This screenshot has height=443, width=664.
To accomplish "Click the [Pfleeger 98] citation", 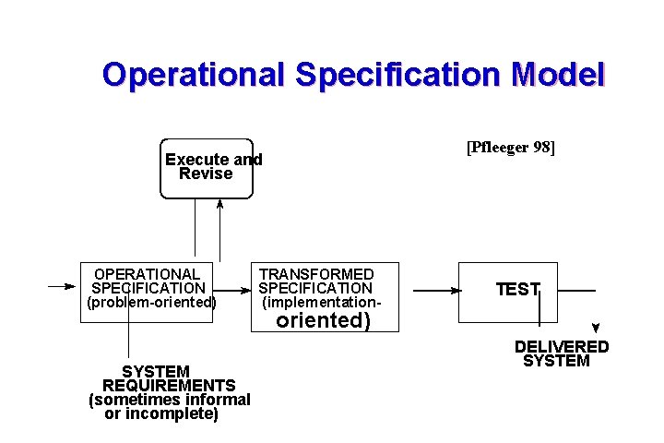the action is tap(511, 148).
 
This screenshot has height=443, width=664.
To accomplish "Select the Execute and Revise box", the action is tap(207, 168).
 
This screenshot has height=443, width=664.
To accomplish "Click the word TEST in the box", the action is tap(516, 290).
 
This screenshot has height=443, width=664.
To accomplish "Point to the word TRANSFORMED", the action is tap(316, 274).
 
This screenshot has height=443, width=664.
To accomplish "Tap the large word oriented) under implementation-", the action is tap(324, 320).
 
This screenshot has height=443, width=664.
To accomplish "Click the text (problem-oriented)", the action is tap(150, 302).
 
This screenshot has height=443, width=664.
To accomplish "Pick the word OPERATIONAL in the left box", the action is tap(148, 274).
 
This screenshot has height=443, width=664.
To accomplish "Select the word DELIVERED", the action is tap(562, 347).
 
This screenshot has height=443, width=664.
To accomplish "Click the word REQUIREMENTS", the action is tap(169, 385).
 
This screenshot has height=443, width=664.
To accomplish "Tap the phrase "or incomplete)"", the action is tap(161, 414).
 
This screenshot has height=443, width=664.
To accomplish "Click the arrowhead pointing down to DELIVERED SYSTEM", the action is tap(596, 328).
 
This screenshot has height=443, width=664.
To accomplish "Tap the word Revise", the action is tap(206, 174).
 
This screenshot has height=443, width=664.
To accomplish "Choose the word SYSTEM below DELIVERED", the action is tap(556, 361).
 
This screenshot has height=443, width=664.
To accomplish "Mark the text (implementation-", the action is tap(321, 302).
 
